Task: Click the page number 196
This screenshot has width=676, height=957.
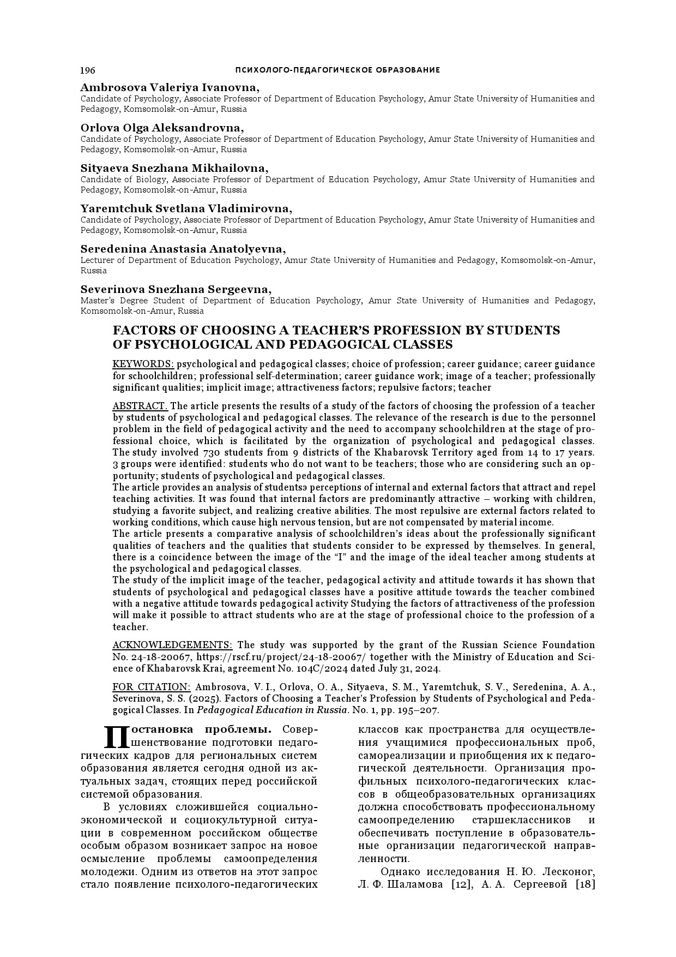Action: click(x=87, y=70)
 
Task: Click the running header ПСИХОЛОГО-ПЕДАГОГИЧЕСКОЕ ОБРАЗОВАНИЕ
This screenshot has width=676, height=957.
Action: click(x=337, y=70)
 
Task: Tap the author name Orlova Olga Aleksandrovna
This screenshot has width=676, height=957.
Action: click(x=162, y=128)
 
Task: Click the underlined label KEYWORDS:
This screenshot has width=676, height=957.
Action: click(x=143, y=364)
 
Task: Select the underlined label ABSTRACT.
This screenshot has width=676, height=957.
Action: click(x=141, y=406)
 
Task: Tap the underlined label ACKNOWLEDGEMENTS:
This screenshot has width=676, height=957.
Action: click(x=172, y=645)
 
